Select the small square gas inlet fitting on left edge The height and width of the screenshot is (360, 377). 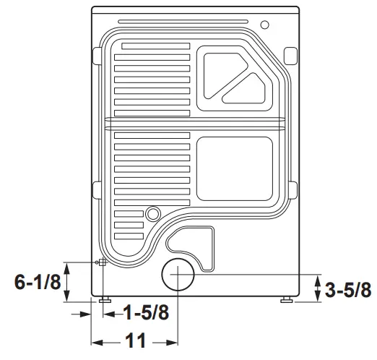click(x=102, y=262)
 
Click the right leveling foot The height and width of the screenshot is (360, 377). click(x=287, y=299)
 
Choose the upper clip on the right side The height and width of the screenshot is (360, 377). click(x=290, y=54)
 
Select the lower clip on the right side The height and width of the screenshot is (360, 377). click(x=292, y=189)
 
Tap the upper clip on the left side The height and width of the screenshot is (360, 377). click(x=96, y=56)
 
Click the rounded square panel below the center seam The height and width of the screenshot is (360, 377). click(x=235, y=168)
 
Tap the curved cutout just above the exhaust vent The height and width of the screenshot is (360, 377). click(x=192, y=242)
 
